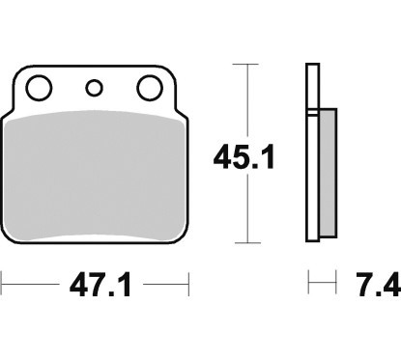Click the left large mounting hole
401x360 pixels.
[x=39, y=89]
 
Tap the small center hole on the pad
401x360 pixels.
[x=94, y=89]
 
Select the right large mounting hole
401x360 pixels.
[x=149, y=89]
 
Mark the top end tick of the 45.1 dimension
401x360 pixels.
[x=248, y=64]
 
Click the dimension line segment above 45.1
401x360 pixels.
[x=248, y=97]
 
